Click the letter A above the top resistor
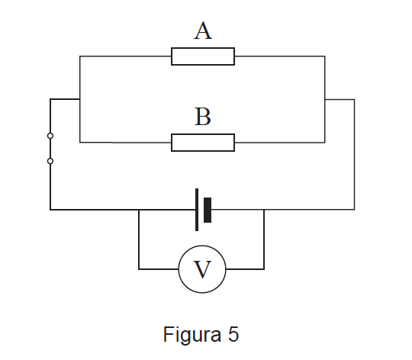point(203,31)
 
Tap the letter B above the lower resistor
point(203,117)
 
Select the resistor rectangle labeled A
point(203,56)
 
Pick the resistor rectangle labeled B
point(203,143)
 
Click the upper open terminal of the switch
point(50,136)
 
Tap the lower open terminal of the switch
point(50,161)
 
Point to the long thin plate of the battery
point(197,210)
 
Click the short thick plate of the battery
point(208,210)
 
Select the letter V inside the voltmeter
point(202,269)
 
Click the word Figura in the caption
point(192,335)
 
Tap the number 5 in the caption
point(233,334)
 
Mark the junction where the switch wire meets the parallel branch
point(80,99)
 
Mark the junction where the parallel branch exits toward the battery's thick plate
point(325,99)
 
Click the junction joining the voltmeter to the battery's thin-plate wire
point(139,210)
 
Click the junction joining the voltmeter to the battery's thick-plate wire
point(264,210)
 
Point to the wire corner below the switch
point(50,210)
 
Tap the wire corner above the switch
point(50,99)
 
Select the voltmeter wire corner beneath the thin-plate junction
point(139,269)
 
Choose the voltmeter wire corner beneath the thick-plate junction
point(264,269)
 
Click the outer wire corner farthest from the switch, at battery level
point(355,210)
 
